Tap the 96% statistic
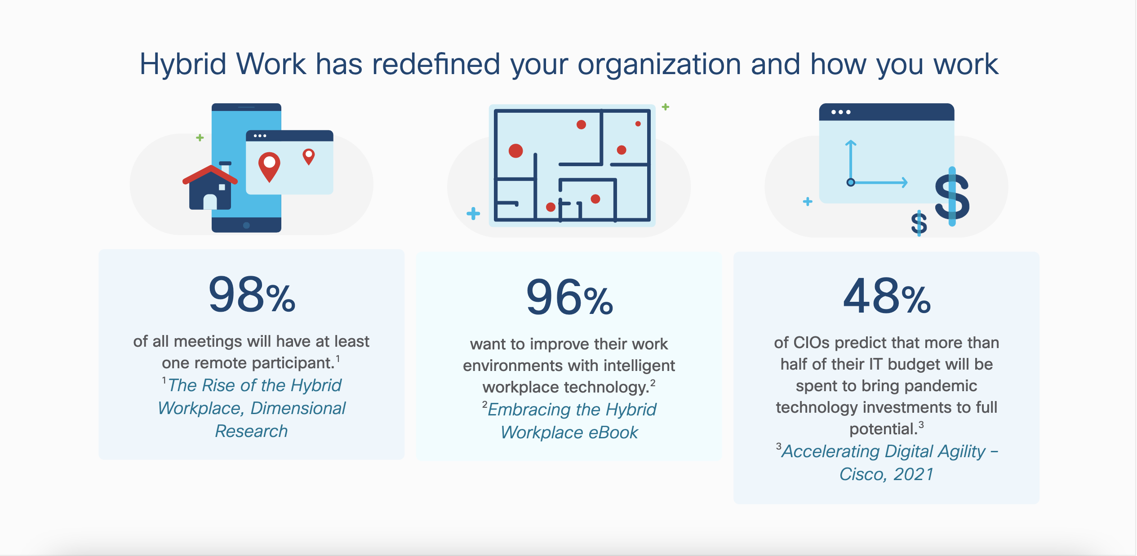click(x=569, y=297)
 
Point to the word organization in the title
click(x=659, y=64)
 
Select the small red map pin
click(x=309, y=157)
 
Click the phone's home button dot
click(x=246, y=225)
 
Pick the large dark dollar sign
click(x=952, y=196)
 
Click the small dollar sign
click(x=919, y=223)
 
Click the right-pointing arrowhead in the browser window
click(x=904, y=182)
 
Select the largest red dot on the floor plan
click(x=515, y=151)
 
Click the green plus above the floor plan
click(x=666, y=107)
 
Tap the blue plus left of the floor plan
click(x=473, y=213)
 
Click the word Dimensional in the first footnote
click(x=298, y=408)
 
